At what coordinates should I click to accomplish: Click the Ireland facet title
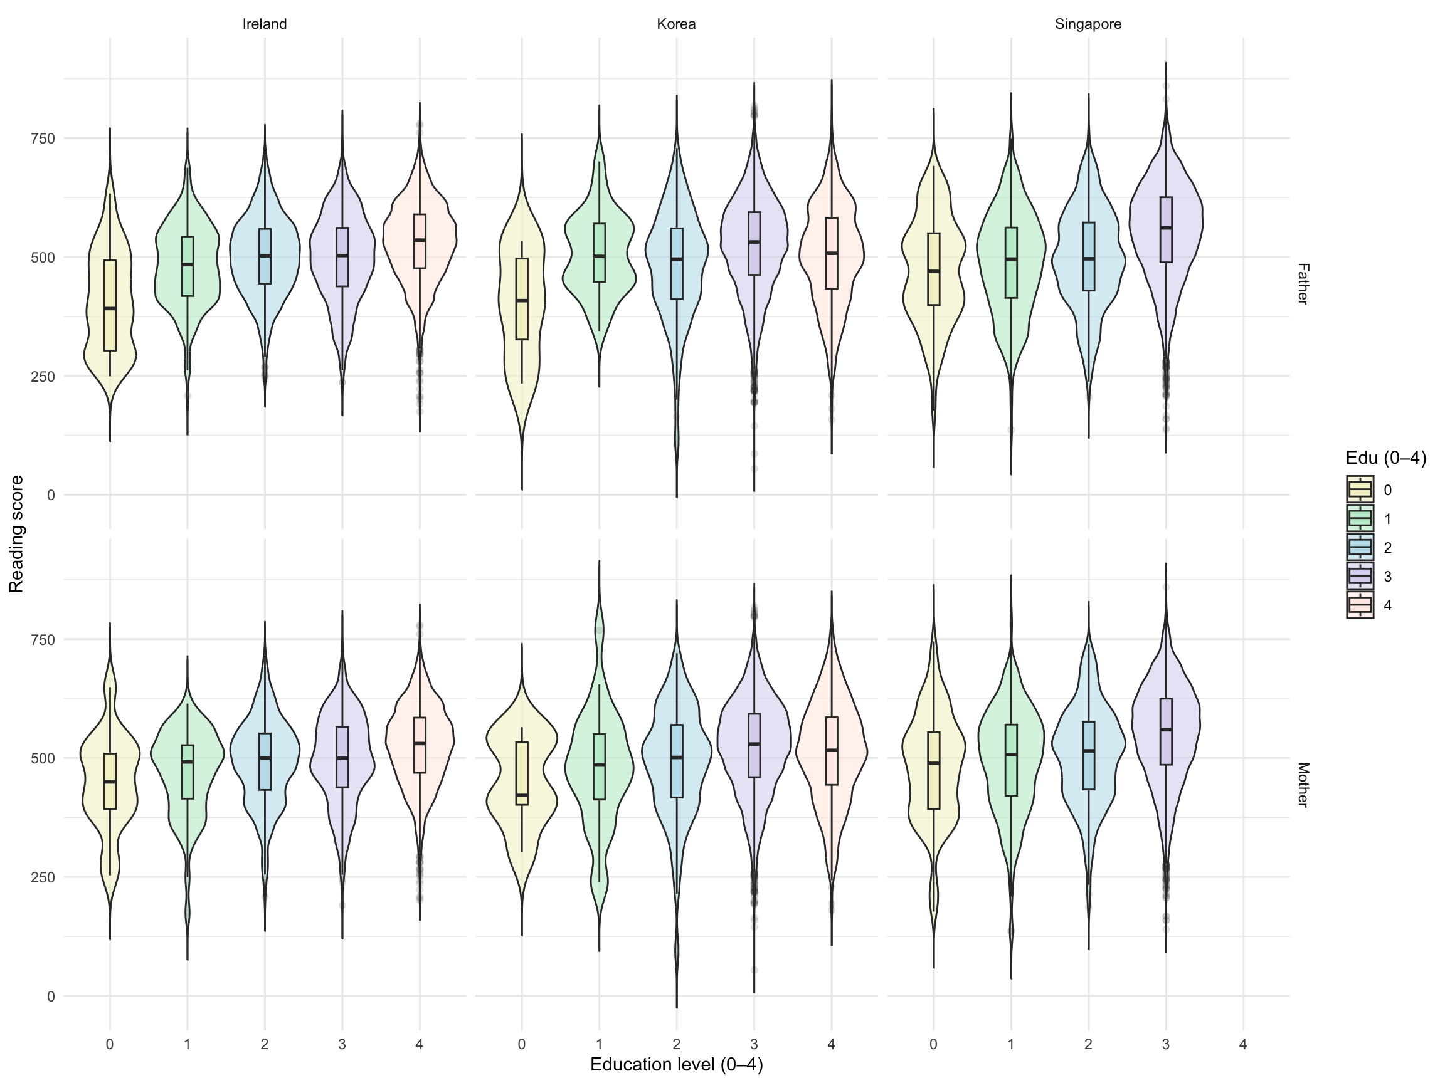(265, 24)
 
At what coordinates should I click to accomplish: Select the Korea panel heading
(676, 24)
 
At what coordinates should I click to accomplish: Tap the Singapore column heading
(1088, 24)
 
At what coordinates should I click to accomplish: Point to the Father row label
(1302, 284)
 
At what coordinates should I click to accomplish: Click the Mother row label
(1302, 785)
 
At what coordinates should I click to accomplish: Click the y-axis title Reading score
(17, 533)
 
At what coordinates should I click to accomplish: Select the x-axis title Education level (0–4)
(676, 1065)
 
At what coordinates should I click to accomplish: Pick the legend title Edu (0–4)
(1385, 458)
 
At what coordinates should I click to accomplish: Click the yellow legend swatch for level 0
(1360, 489)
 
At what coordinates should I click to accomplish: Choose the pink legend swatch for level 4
(1360, 605)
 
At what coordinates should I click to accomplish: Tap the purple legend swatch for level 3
(1360, 577)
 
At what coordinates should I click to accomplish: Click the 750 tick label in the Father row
(41, 139)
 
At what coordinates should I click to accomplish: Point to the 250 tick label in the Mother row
(41, 877)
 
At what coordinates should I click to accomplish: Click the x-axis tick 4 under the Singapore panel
(1242, 1045)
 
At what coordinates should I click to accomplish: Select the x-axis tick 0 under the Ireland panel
(110, 1045)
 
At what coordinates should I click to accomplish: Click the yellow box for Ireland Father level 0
(110, 305)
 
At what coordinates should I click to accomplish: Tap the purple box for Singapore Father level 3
(1166, 230)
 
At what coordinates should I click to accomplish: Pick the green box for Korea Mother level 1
(599, 766)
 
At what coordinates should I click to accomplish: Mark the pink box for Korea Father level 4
(832, 253)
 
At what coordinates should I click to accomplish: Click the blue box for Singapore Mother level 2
(1088, 755)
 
